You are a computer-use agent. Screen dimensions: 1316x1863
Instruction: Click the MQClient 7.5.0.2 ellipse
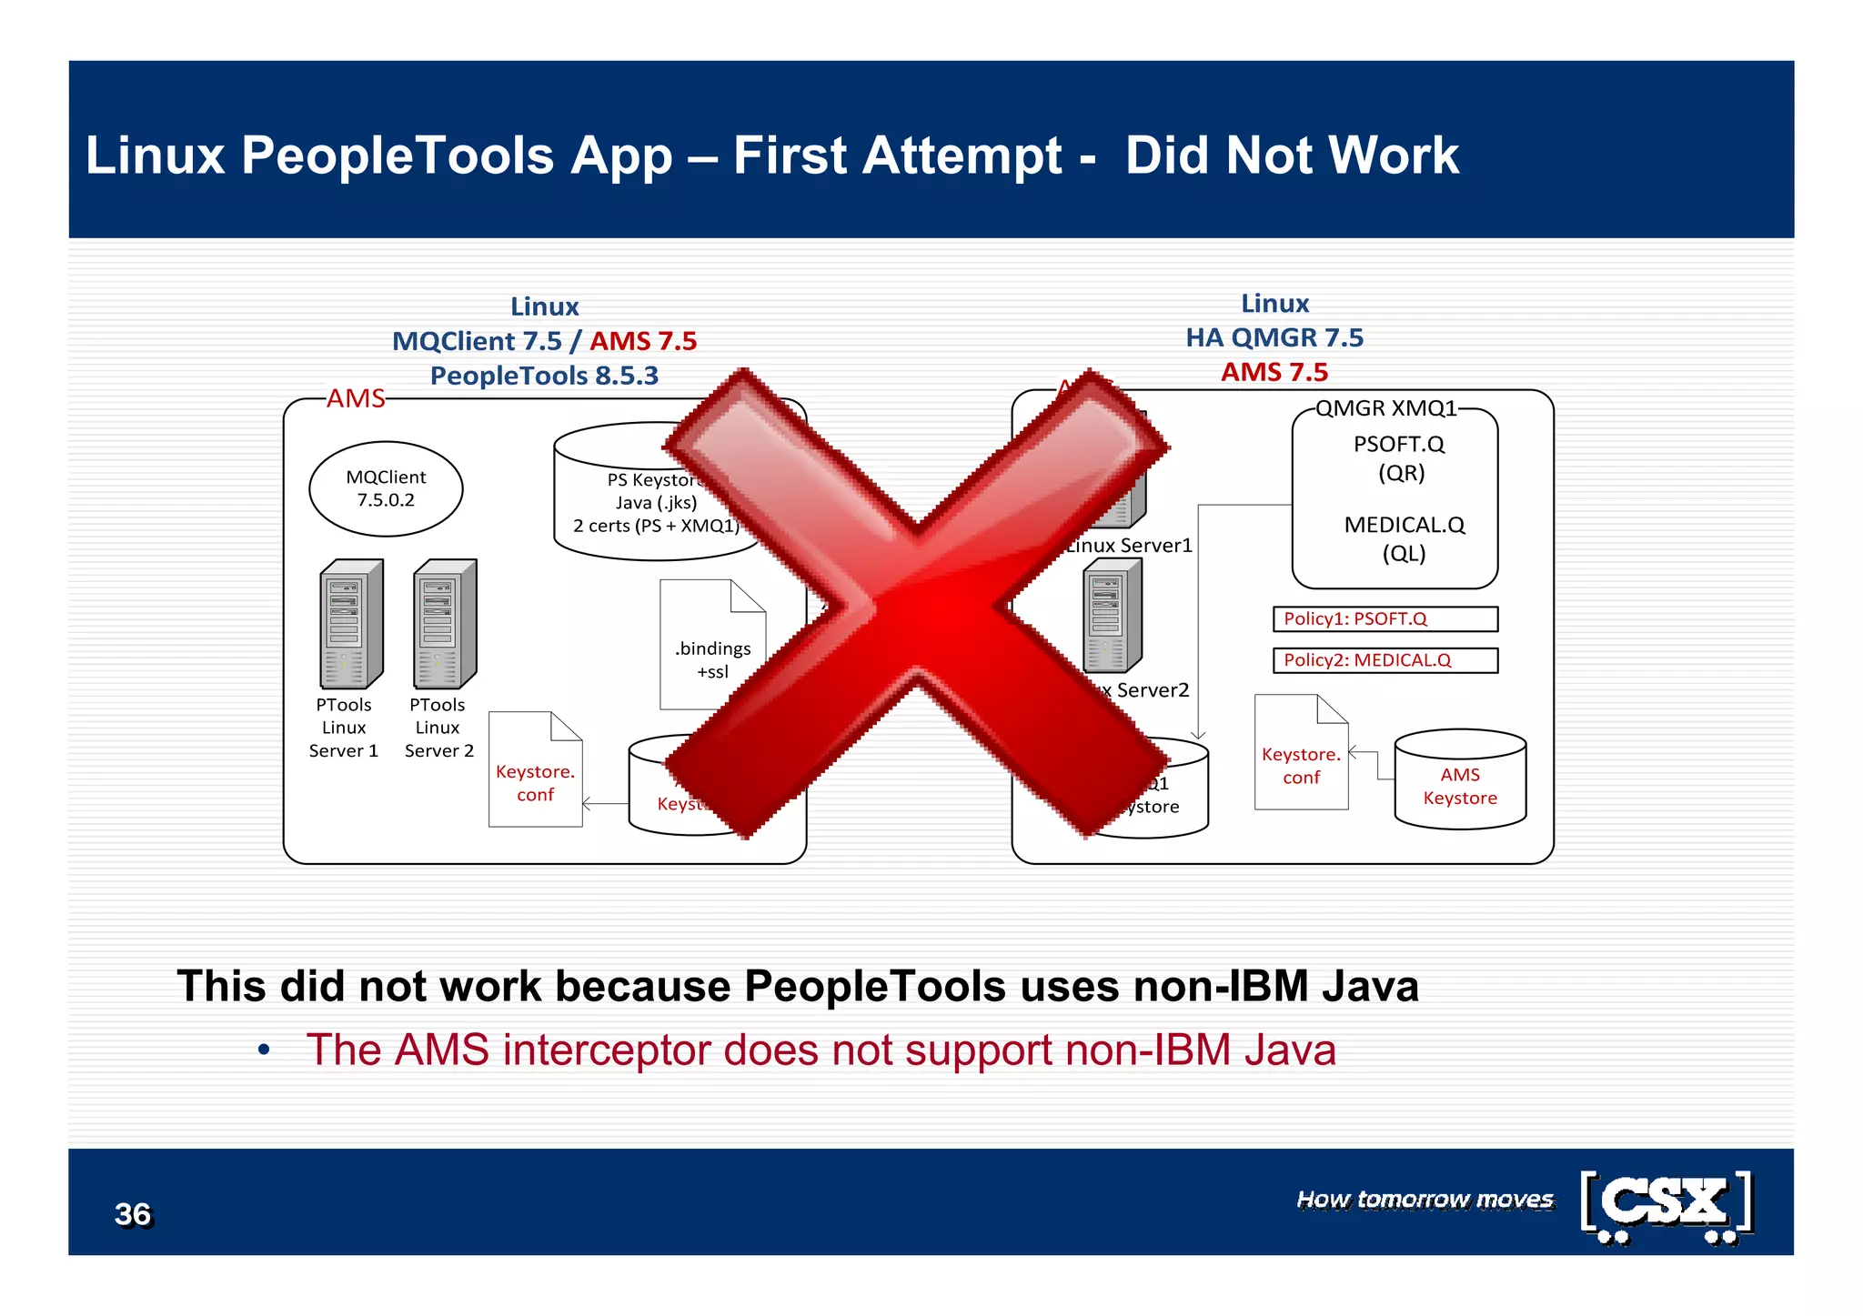coord(386,489)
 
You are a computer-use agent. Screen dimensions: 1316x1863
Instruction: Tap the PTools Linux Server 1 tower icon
coord(350,625)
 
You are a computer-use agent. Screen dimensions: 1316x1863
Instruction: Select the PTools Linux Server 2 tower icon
coord(444,625)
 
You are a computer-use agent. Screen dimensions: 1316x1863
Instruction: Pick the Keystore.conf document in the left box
coord(535,771)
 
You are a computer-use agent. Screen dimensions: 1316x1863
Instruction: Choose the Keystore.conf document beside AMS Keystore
coord(1301,754)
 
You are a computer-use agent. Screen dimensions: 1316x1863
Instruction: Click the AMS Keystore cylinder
coord(1460,780)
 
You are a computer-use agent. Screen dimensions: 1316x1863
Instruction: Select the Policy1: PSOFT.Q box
coord(1385,619)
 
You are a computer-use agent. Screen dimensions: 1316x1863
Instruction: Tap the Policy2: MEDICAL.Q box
coord(1385,660)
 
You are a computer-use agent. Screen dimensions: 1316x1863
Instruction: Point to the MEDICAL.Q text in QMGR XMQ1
coord(1404,526)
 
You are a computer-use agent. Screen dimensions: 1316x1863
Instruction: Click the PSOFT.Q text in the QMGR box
coord(1398,445)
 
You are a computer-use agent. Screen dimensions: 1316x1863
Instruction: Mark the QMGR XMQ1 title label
coord(1385,408)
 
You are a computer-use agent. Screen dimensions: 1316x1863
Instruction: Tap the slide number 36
coord(133,1214)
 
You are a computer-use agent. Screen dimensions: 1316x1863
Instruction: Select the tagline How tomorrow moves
coord(1425,1200)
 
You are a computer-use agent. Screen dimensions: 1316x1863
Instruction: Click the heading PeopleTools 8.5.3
coord(544,376)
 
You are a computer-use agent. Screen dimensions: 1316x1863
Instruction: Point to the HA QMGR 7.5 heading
coord(1274,337)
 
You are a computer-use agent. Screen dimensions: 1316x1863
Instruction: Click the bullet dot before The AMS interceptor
coord(264,1051)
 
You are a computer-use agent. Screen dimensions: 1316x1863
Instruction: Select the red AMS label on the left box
coord(356,398)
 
